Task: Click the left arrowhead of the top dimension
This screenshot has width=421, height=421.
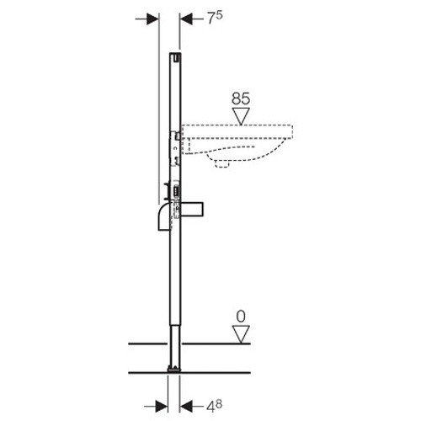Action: click(152, 17)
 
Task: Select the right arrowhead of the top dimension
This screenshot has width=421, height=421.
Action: click(182, 17)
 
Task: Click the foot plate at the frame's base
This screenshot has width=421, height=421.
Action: click(174, 367)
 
